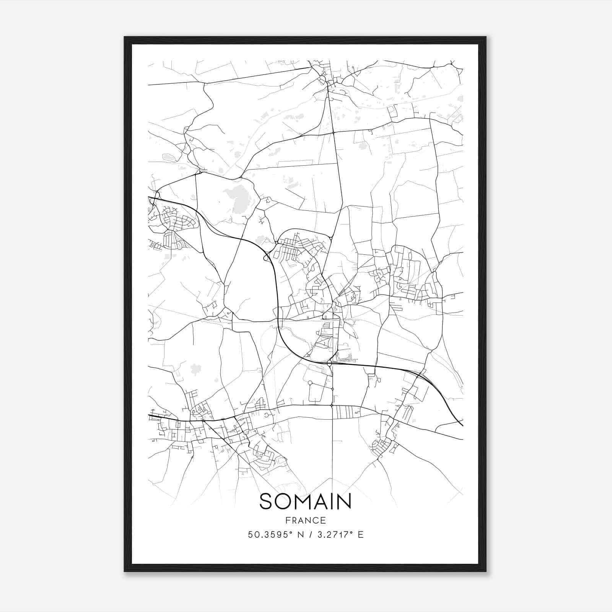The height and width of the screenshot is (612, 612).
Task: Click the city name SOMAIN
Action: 305,501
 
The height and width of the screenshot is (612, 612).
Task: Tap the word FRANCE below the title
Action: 305,520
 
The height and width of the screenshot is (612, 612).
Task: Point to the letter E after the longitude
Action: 360,535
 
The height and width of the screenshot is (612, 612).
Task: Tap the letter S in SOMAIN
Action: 267,501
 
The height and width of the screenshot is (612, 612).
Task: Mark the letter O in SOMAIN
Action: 282,501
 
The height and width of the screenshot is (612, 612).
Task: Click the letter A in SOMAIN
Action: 319,501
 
